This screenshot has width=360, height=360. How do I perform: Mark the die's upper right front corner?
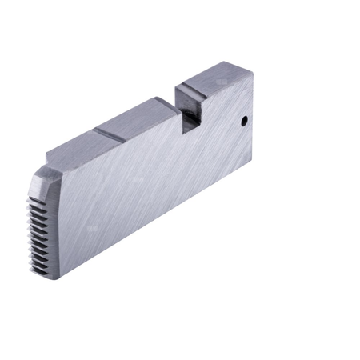pos(253,74)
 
